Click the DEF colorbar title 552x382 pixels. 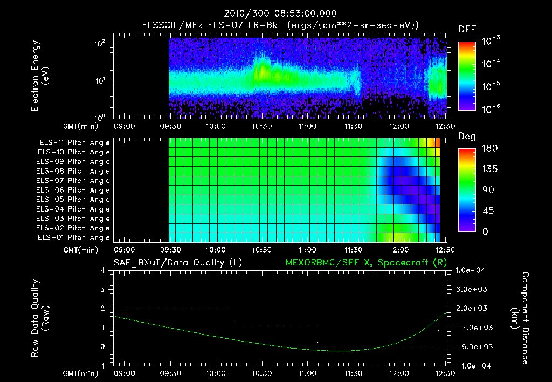pyautogui.click(x=467, y=29)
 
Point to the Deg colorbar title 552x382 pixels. pyautogui.click(x=467, y=137)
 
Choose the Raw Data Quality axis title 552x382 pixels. pyautogui.click(x=40, y=318)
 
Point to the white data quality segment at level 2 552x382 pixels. pyautogui.click(x=178, y=309)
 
